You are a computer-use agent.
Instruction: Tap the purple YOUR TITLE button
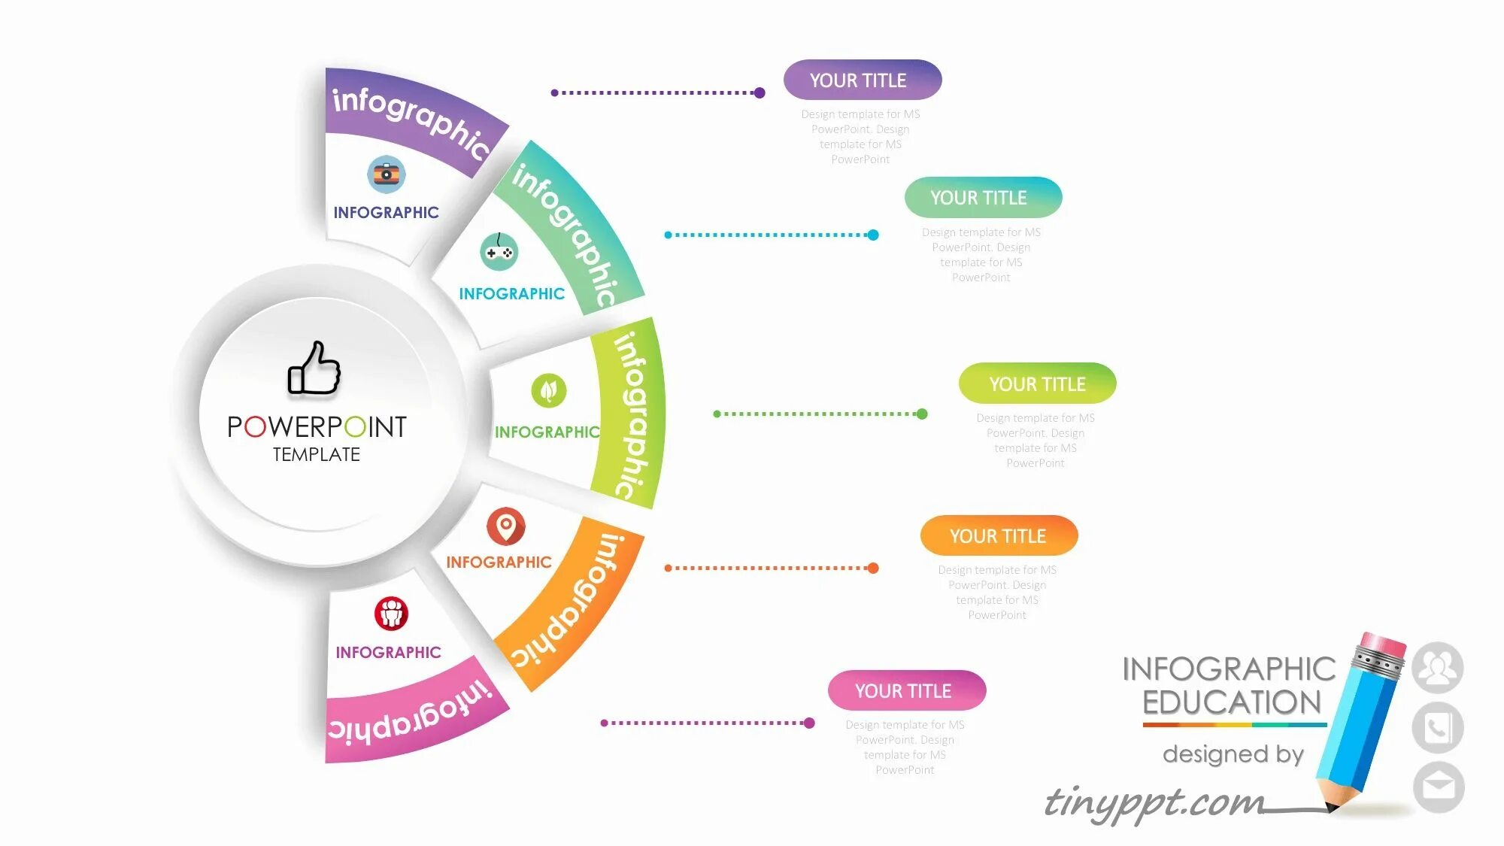862,80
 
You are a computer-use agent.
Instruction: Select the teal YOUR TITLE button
983,197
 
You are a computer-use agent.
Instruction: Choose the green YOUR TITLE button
1037,384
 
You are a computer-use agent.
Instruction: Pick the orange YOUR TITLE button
999,535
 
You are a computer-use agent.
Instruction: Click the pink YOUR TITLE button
906,690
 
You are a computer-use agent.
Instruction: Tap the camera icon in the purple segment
387,174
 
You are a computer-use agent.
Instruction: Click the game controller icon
499,252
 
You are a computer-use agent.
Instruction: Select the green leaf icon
549,390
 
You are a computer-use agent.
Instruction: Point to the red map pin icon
506,526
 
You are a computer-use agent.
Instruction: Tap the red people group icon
391,614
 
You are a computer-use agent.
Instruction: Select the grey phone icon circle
1437,728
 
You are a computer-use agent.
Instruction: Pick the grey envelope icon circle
1438,787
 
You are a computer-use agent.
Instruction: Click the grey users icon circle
1437,667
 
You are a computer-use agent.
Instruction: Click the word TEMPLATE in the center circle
316,454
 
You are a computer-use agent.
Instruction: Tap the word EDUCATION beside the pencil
1232,702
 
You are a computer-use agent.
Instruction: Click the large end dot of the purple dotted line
760,93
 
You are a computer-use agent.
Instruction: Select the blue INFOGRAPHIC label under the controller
511,293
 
